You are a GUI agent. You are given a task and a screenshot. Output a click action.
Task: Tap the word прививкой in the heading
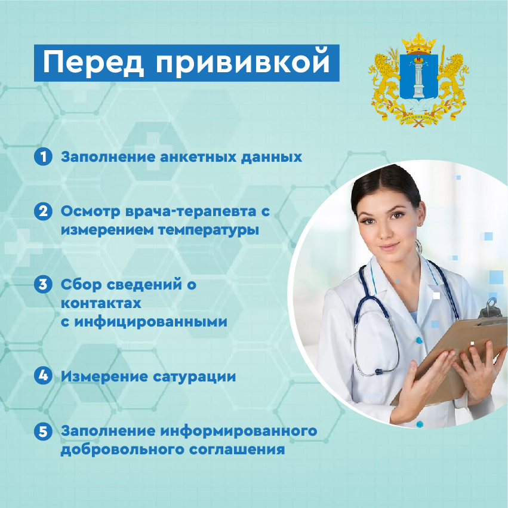coord(243,63)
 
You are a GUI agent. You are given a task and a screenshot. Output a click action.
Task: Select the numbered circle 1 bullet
coord(43,157)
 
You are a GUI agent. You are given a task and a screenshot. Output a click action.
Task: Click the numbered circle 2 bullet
coord(43,211)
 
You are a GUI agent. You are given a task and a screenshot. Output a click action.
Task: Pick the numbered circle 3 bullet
coord(43,285)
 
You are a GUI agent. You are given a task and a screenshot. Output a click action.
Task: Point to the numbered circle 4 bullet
coord(43,375)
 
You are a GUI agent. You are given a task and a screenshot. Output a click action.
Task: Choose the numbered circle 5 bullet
coord(43,432)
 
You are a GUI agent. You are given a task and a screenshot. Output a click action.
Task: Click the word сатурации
coord(194,377)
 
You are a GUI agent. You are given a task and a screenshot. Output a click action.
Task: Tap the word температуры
coord(209,230)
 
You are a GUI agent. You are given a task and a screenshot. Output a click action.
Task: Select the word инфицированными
coord(150,322)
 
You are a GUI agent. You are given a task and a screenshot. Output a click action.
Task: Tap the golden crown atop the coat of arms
coord(418,44)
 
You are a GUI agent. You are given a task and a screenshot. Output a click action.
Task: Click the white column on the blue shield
coord(418,78)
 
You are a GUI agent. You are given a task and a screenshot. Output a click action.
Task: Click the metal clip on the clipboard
coord(490,308)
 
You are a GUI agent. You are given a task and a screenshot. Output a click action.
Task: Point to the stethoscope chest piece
coord(378,371)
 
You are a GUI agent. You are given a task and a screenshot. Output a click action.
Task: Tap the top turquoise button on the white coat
coord(419,340)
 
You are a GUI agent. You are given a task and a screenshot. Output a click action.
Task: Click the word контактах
coord(101,304)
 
